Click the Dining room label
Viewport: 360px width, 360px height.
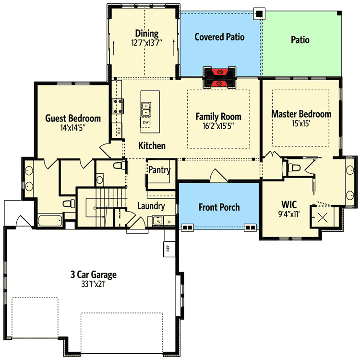(x=147, y=34)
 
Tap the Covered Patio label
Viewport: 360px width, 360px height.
(x=219, y=37)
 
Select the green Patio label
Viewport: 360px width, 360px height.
(x=300, y=40)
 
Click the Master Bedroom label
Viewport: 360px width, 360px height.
(x=301, y=114)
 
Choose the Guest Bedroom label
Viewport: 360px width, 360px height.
(x=73, y=119)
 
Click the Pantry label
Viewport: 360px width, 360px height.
(x=159, y=170)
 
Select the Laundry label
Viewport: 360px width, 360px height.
(x=151, y=206)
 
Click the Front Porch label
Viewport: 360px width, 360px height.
(x=219, y=207)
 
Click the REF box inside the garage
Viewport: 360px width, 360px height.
(x=168, y=248)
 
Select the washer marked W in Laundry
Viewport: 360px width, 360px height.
(x=158, y=221)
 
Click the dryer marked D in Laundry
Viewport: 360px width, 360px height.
(x=169, y=221)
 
